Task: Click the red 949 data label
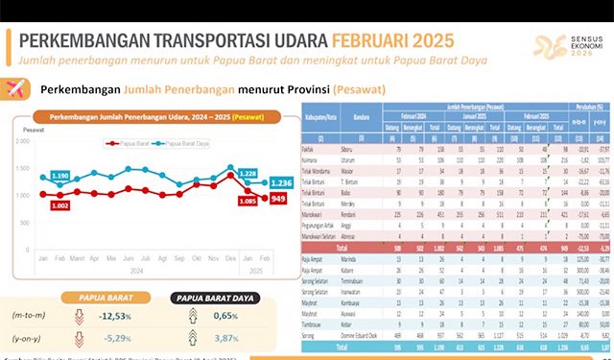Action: pos(278,199)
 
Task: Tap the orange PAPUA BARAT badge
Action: pos(106,297)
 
